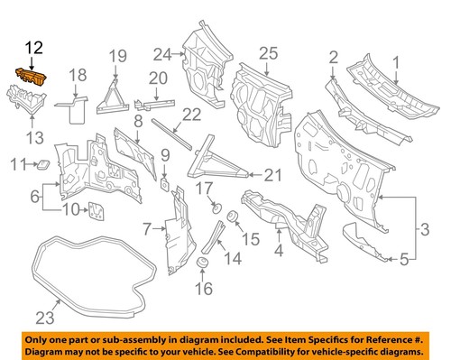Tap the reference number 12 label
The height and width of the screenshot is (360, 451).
coord(32,47)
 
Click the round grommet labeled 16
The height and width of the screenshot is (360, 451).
coord(204,263)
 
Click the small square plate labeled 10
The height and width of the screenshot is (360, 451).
coord(93,211)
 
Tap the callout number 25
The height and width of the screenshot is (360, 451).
coord(269,55)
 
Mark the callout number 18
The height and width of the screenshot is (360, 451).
coord(78,75)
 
